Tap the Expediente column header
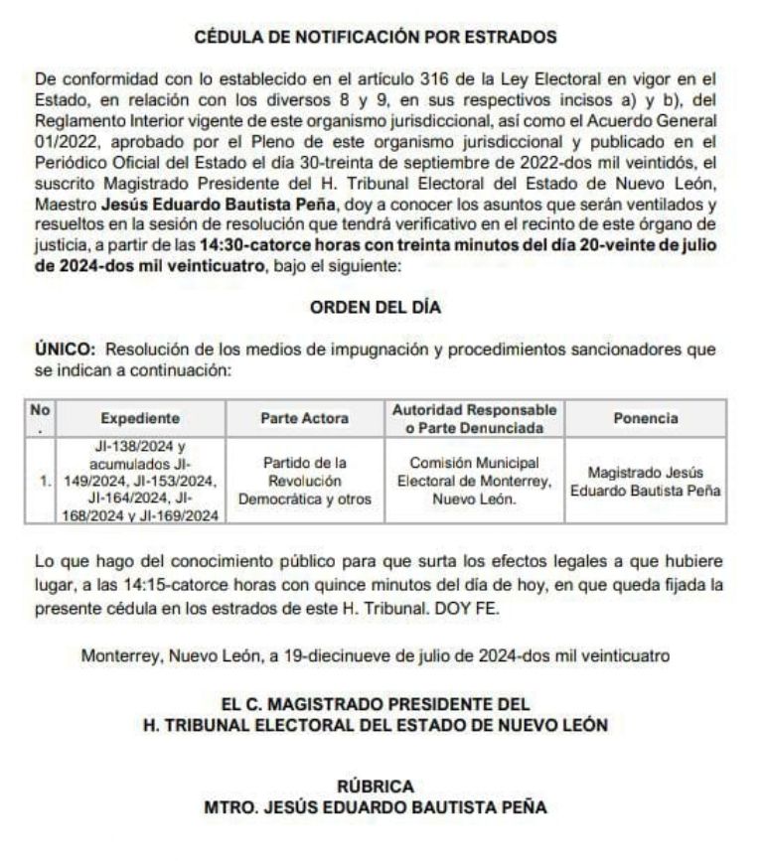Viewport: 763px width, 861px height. pos(140,418)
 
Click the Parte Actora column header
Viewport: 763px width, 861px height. pos(304,418)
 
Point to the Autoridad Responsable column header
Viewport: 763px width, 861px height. pos(475,418)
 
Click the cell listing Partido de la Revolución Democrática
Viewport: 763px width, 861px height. pos(304,482)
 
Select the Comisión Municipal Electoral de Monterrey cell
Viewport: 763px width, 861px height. pos(475,482)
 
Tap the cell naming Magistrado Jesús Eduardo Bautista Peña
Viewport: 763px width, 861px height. pos(646,482)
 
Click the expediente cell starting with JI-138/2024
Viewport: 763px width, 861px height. pos(140,482)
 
